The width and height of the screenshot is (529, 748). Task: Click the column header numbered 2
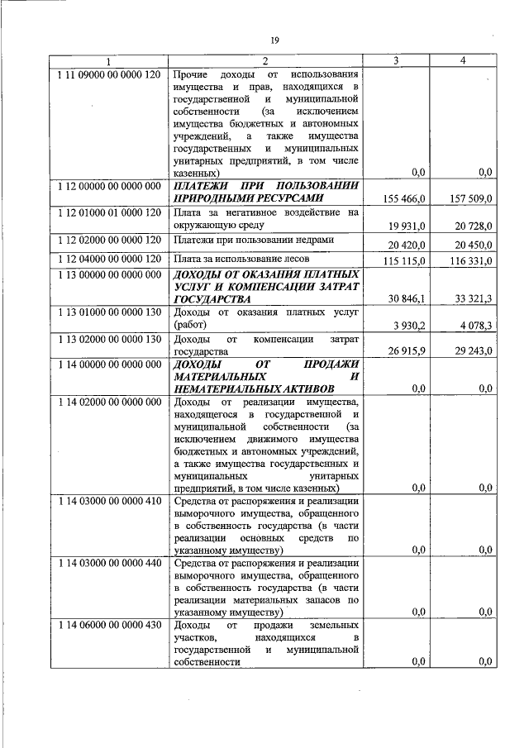[x=265, y=61]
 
